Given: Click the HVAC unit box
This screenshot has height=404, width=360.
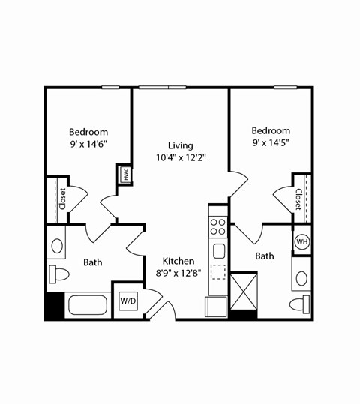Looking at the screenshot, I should click(124, 175).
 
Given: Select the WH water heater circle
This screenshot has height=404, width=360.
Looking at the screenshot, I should click(301, 241).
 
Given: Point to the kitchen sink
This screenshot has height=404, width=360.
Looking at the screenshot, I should click(219, 250).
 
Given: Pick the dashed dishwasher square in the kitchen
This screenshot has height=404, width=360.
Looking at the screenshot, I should click(218, 272).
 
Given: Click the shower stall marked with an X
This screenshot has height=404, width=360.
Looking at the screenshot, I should click(243, 291).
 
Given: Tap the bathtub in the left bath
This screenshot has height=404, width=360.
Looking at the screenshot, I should click(88, 306).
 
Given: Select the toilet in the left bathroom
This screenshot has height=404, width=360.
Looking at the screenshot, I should click(58, 274).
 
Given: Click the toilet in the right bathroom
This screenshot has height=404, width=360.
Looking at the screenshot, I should click(301, 304).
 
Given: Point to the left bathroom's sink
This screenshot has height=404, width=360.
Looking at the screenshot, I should click(57, 246).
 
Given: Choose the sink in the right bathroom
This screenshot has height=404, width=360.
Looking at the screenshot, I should click(301, 278).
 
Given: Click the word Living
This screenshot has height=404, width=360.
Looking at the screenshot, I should click(180, 145).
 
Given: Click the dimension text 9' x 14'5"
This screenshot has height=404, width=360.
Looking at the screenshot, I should click(271, 144).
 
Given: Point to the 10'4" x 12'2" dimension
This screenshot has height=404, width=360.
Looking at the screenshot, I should click(180, 158).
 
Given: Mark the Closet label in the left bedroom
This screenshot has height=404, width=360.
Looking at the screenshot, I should click(62, 200).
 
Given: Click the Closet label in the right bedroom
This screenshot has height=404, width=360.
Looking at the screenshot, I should click(298, 199).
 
